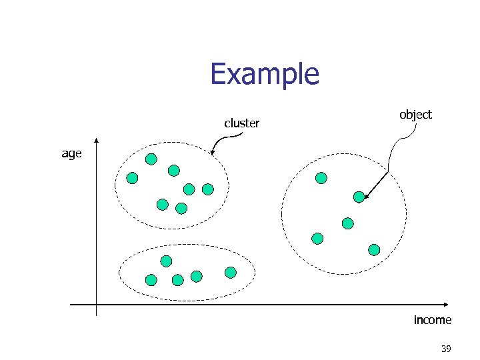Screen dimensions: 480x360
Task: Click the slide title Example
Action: [x=265, y=74]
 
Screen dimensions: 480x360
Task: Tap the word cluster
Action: [x=241, y=123]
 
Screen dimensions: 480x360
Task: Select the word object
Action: [x=415, y=115]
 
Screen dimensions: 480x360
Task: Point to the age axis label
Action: [x=71, y=153]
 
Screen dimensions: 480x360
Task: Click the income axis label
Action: [x=432, y=320]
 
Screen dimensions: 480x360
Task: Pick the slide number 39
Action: [x=445, y=349]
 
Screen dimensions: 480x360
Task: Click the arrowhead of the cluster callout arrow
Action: [x=212, y=154]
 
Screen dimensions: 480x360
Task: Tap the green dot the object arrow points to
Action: [x=359, y=196]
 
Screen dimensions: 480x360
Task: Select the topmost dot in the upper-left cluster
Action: [x=151, y=159]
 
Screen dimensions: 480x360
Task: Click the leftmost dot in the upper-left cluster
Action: [x=132, y=178]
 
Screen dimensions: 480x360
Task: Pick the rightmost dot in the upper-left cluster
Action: [x=208, y=189]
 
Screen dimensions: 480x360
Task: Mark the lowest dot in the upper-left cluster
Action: [x=181, y=208]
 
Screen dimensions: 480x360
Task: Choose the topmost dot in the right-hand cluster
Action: [x=321, y=178]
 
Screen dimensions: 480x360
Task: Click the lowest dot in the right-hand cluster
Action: [x=374, y=250]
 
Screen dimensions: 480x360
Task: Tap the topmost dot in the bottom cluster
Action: [x=166, y=261]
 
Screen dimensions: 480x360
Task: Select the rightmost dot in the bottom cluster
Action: [x=231, y=272]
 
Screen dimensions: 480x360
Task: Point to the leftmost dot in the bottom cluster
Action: [x=151, y=280]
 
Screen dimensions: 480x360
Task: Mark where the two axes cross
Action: [x=96, y=305]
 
